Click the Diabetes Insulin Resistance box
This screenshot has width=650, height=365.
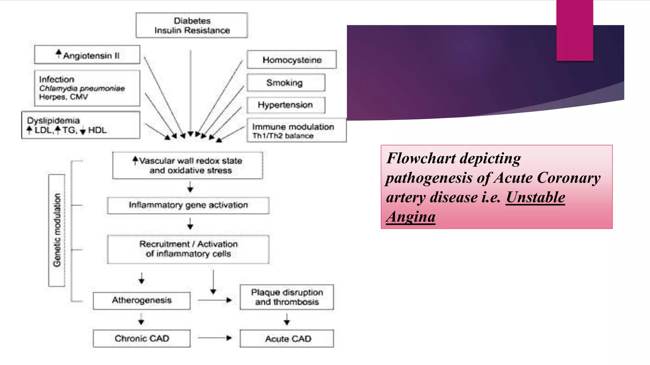click(x=192, y=25)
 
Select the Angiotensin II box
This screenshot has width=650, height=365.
click(x=87, y=55)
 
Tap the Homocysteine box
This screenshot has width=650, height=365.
click(x=292, y=60)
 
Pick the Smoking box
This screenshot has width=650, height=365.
click(x=286, y=83)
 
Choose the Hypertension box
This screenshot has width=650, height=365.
click(x=286, y=105)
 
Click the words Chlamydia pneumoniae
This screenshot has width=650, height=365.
click(x=82, y=88)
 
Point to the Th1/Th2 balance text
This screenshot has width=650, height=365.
click(x=283, y=136)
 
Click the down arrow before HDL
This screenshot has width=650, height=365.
click(x=83, y=131)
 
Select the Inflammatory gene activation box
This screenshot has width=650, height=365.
click(x=188, y=205)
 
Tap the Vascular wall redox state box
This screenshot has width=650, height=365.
click(x=188, y=165)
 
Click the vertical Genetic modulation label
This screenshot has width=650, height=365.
click(x=57, y=230)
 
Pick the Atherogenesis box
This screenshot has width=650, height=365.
click(x=142, y=300)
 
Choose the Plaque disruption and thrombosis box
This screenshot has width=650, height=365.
click(x=287, y=297)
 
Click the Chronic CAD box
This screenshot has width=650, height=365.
click(x=142, y=338)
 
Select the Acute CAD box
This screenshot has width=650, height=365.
click(x=287, y=339)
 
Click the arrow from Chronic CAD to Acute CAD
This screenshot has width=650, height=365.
click(x=215, y=338)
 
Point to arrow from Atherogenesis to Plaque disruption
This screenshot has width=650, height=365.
click(x=215, y=300)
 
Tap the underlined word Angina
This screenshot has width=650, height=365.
click(x=411, y=217)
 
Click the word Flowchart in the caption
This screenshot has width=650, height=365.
click(x=421, y=158)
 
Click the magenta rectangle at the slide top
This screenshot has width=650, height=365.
click(x=574, y=30)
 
